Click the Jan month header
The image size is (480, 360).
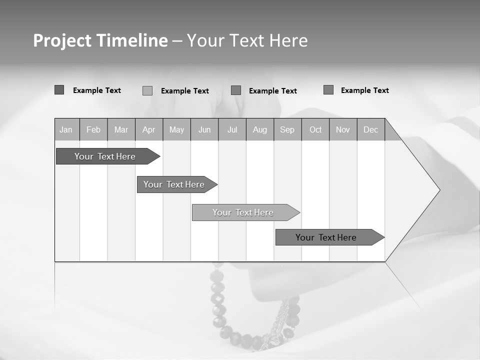[x=66, y=130]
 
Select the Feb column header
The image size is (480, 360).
[x=93, y=130]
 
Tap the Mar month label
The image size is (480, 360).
[x=121, y=130]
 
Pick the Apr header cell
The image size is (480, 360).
[x=149, y=130]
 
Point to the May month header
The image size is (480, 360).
[x=176, y=130]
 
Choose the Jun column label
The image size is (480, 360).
[x=204, y=130]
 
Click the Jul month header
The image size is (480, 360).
[x=232, y=130]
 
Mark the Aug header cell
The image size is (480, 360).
[x=260, y=130]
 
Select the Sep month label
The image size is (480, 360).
[x=287, y=130]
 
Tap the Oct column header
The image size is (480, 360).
[x=315, y=130]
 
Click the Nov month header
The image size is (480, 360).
[x=343, y=130]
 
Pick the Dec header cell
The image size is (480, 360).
[x=371, y=130]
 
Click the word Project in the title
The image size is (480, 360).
[x=61, y=41]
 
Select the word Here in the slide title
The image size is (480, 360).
[x=288, y=41]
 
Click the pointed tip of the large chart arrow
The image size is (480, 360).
[x=438, y=190]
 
